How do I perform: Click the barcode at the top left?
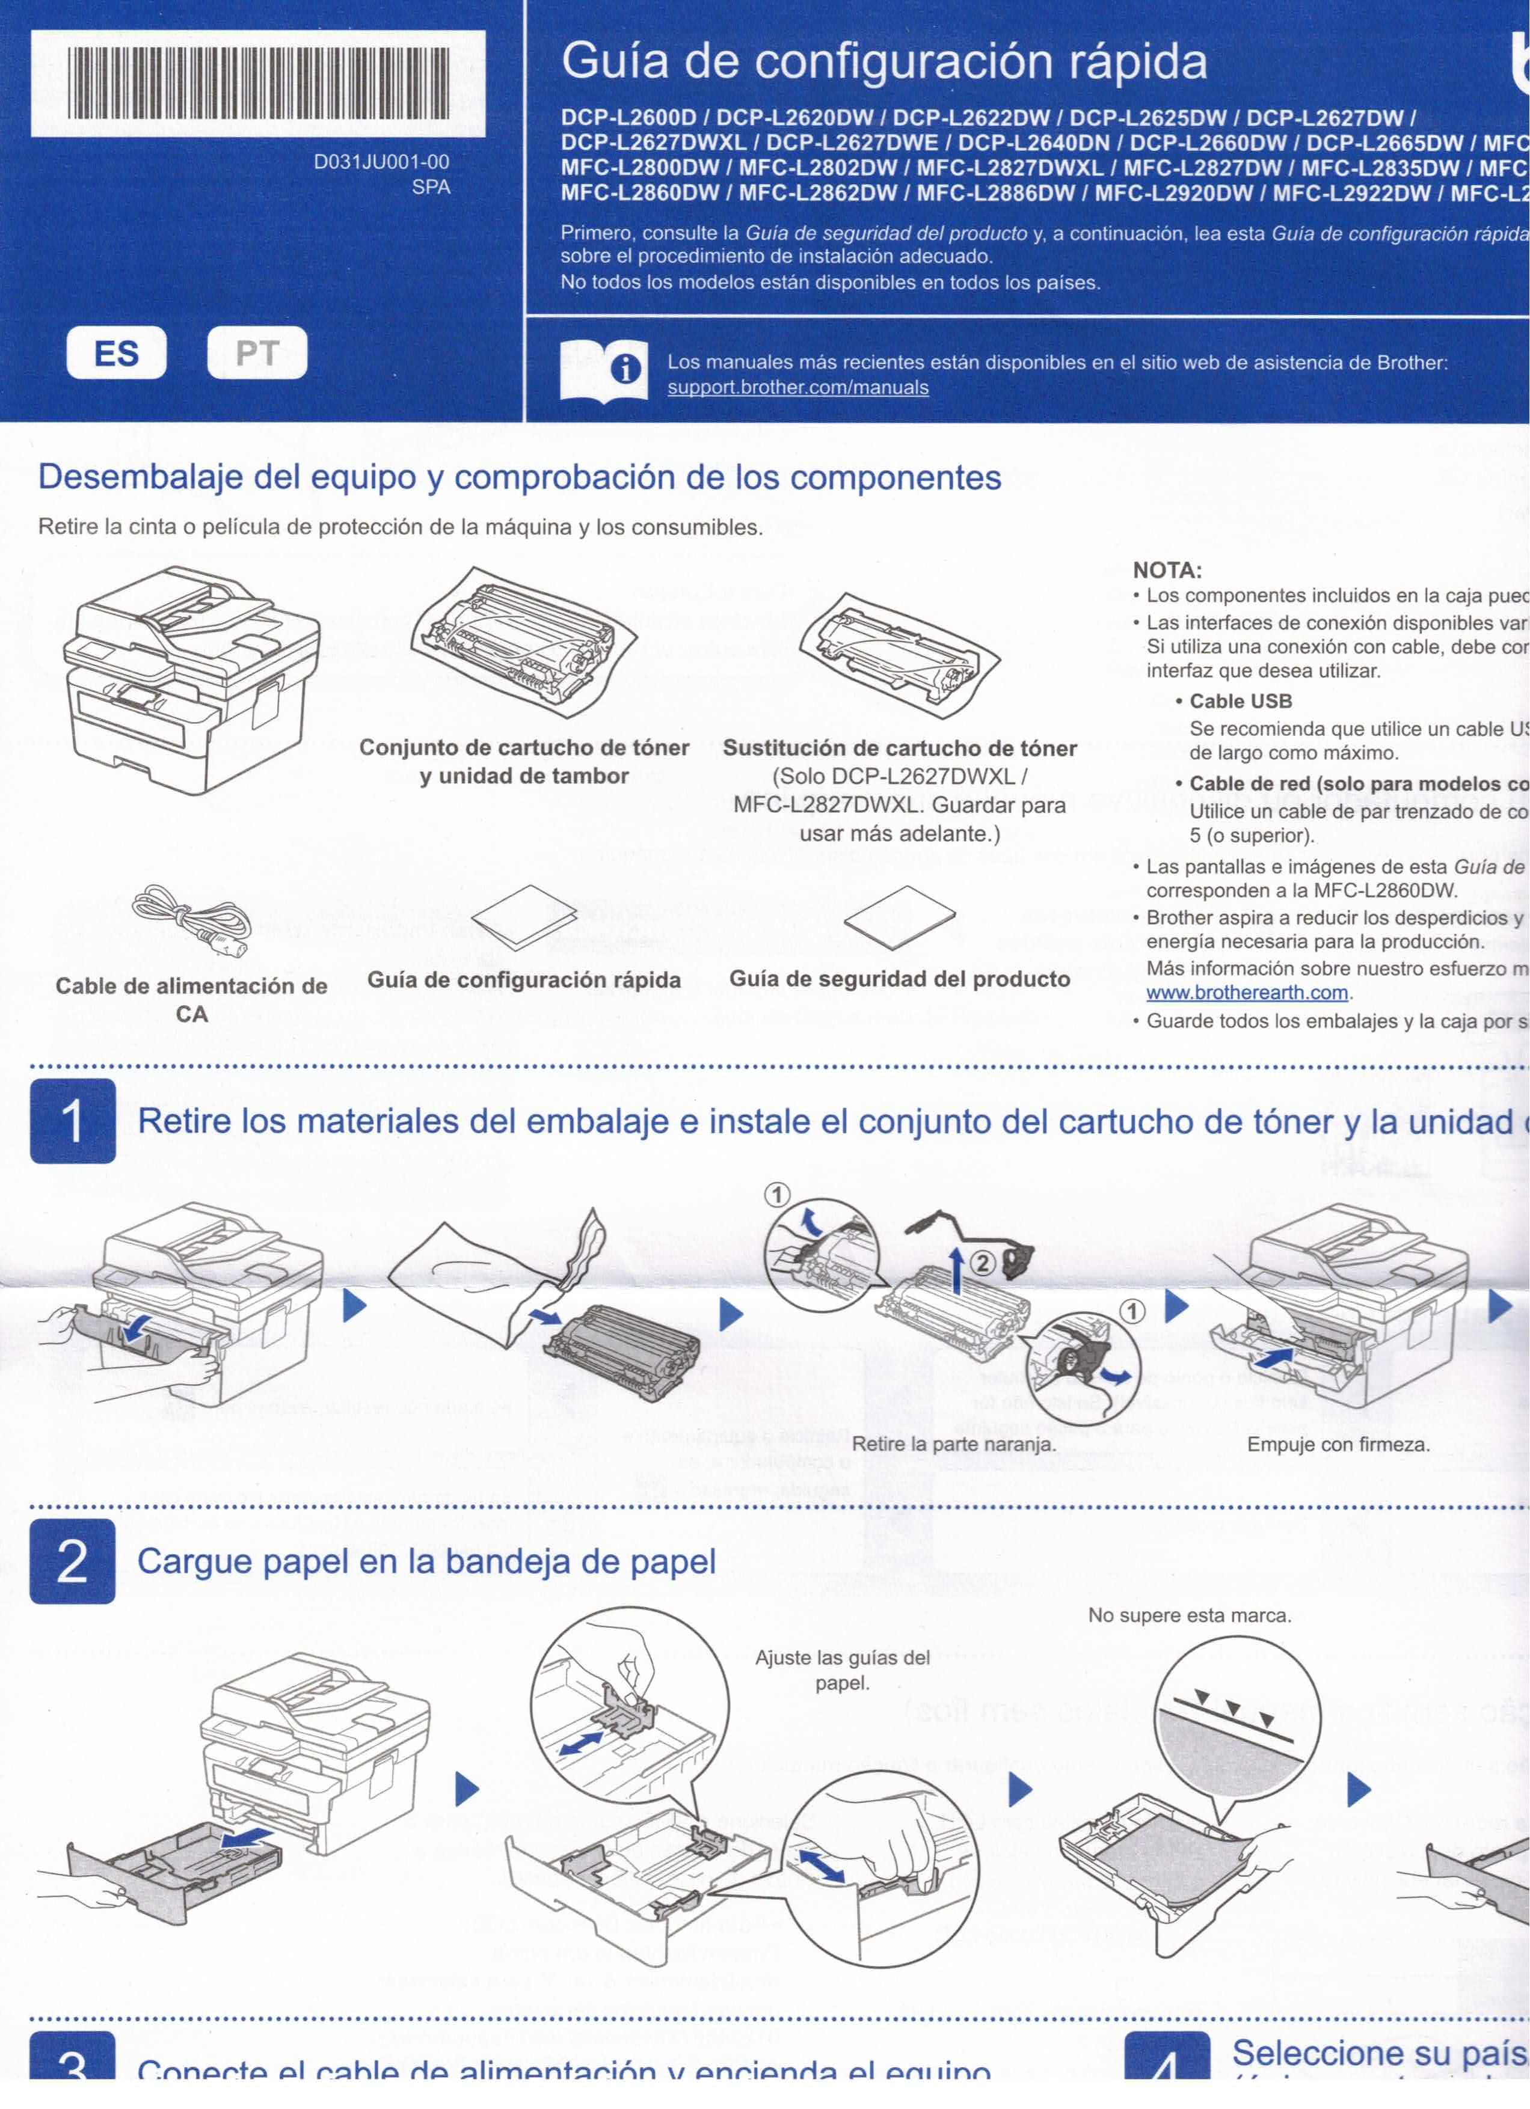tap(257, 84)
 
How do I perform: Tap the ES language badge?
tap(116, 354)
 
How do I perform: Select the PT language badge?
tap(257, 354)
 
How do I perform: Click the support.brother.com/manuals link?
tap(797, 388)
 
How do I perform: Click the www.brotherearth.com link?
tap(1246, 992)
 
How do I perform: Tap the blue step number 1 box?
tap(73, 1121)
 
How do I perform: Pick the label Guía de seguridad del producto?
tap(899, 979)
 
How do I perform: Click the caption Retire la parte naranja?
tap(953, 1444)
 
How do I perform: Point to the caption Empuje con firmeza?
tap(1338, 1444)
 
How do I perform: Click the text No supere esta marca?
tap(1190, 1615)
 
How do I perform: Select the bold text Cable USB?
tap(1240, 701)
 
